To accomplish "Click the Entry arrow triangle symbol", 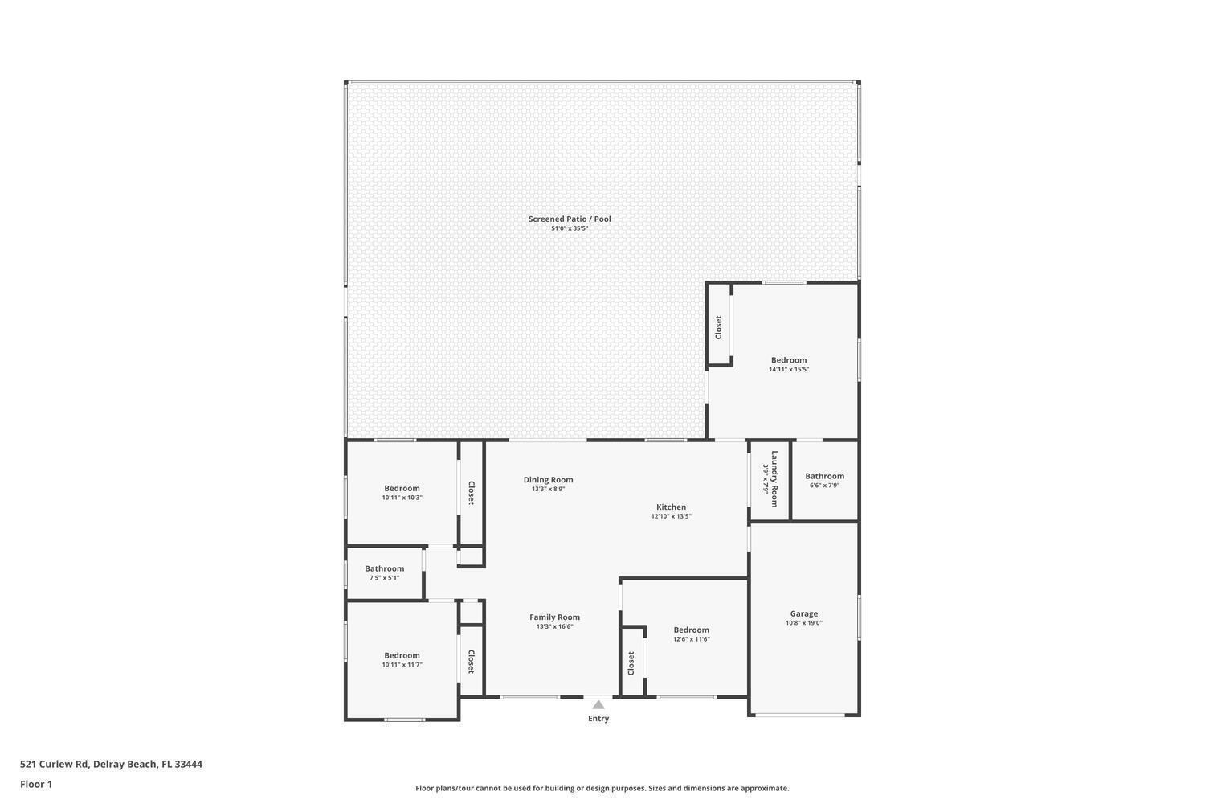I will (598, 705).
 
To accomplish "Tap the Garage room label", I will (803, 613).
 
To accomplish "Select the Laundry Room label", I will (774, 478).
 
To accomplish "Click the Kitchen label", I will (671, 507).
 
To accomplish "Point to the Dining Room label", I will (548, 480).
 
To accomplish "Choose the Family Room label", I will (554, 617).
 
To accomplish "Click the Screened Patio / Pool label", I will (570, 219).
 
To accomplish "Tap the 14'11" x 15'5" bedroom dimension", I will (788, 370).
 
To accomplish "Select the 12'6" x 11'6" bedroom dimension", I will (691, 639).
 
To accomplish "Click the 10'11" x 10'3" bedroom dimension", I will (402, 498).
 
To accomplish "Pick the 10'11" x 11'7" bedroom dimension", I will (402, 665).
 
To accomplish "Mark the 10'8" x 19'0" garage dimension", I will (803, 623).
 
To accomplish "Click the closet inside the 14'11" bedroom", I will (718, 326).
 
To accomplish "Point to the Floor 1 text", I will (36, 784).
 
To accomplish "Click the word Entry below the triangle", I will (598, 719).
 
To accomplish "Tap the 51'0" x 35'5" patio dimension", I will (570, 228).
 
